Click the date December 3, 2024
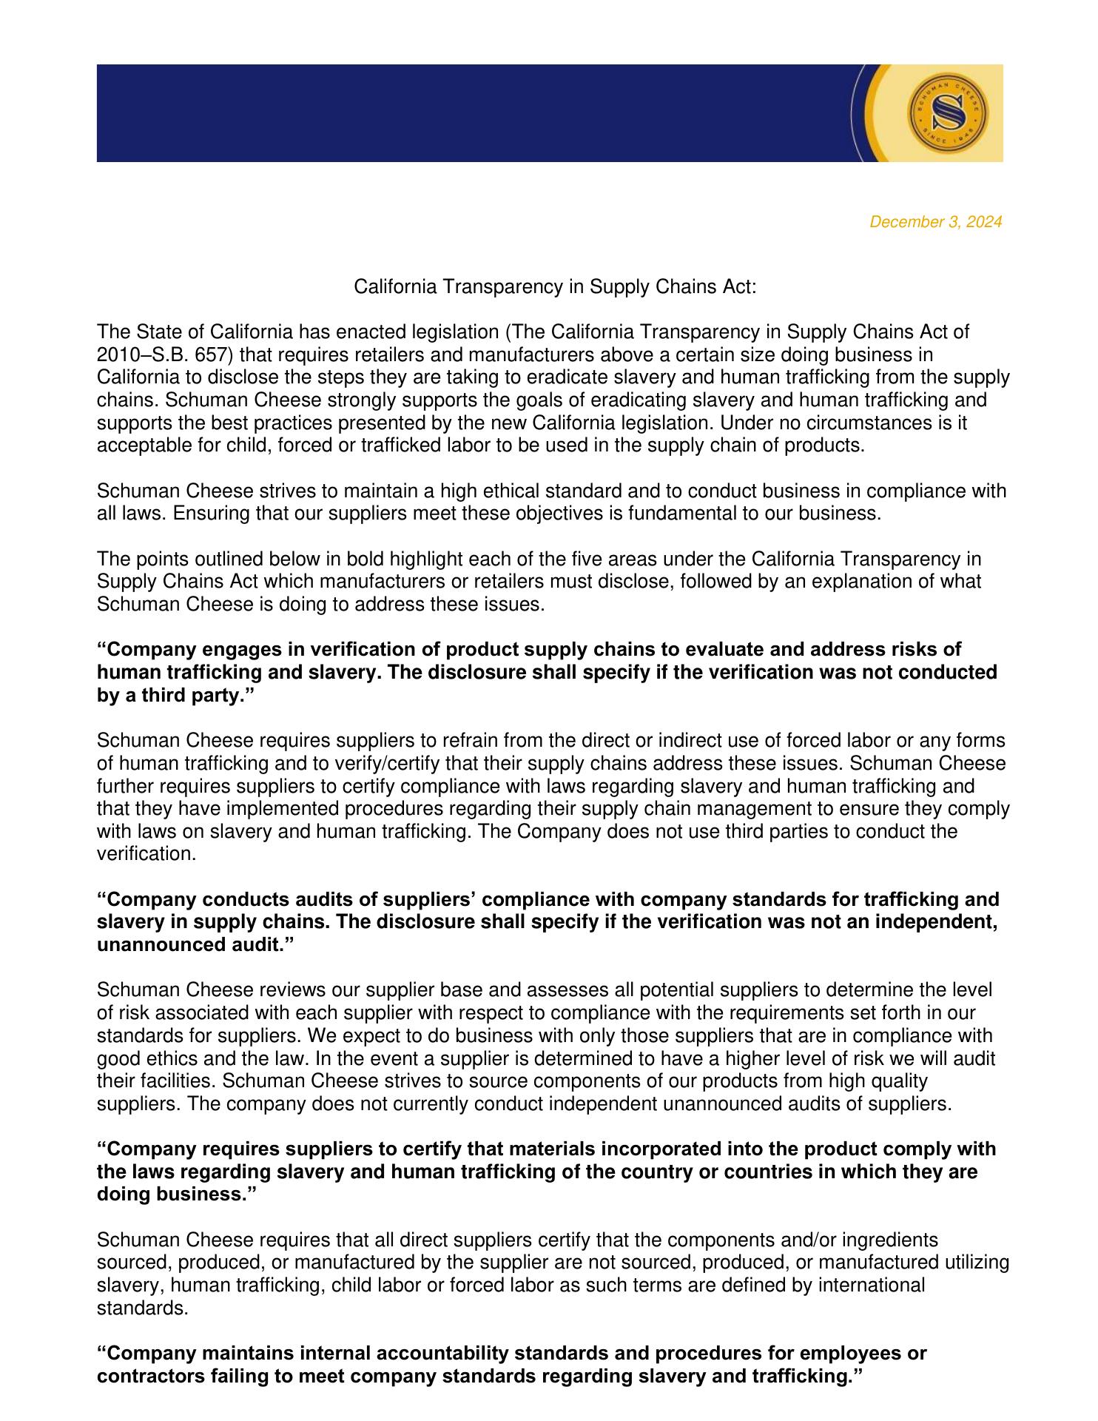pyautogui.click(x=935, y=222)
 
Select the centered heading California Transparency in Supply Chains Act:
pyautogui.click(x=555, y=286)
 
